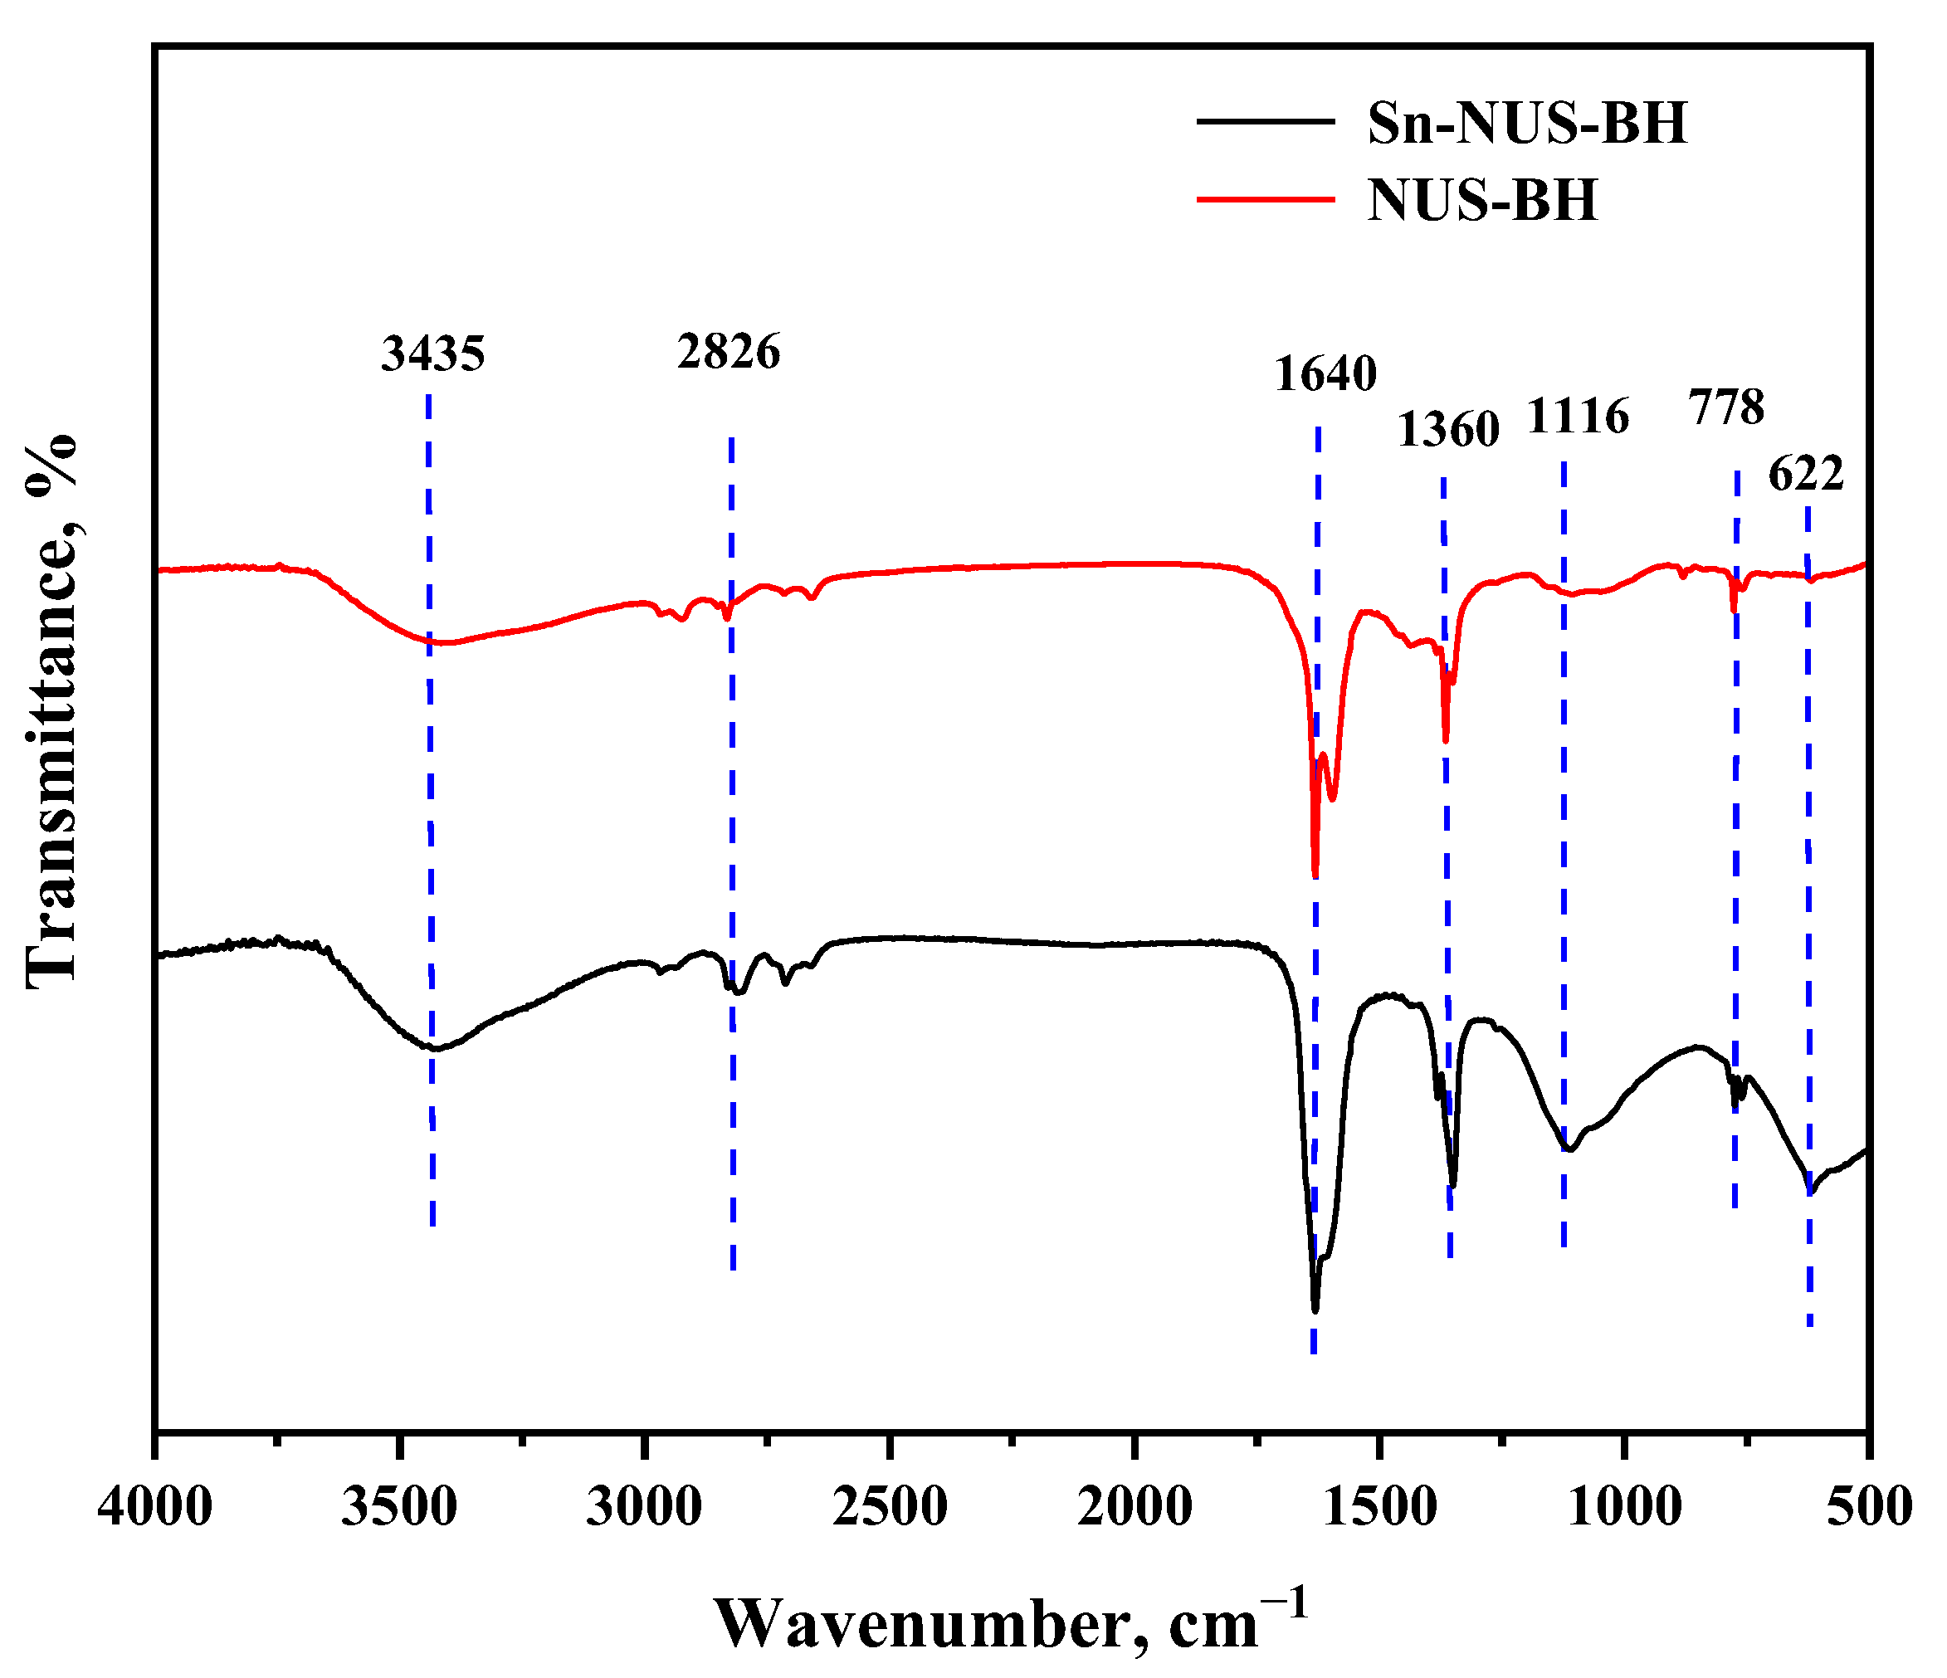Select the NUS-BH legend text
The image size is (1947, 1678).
point(1482,200)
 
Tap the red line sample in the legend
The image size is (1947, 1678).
point(1265,198)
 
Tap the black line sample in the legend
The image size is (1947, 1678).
point(1265,121)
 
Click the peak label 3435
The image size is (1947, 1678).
point(432,354)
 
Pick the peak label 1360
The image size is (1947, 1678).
point(1448,431)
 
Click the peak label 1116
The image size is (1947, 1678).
point(1578,417)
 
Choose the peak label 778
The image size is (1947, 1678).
point(1726,407)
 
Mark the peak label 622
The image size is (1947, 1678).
point(1806,475)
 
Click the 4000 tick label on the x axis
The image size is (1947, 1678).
point(155,1508)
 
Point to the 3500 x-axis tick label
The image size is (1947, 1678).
point(399,1508)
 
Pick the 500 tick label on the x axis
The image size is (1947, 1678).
point(1868,1508)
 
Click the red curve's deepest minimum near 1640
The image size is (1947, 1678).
point(1315,875)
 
